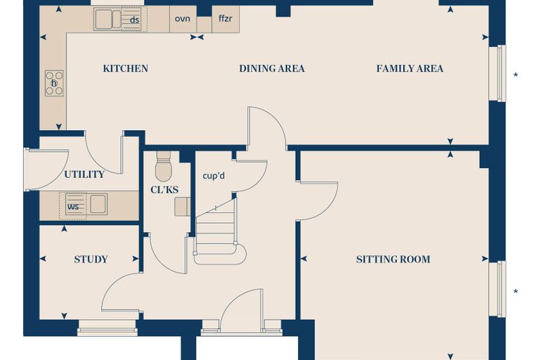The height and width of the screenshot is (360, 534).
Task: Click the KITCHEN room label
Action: coord(125,68)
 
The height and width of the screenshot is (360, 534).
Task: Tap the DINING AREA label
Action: coord(272,68)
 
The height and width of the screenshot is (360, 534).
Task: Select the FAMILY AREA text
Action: coord(410,68)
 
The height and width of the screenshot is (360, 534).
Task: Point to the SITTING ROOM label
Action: coord(393,259)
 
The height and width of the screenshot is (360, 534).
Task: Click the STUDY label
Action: coord(91,259)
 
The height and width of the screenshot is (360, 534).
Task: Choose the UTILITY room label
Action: coord(84,174)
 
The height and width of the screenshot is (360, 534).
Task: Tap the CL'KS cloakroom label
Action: coord(164,190)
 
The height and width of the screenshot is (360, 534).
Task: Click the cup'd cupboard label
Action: coord(214,176)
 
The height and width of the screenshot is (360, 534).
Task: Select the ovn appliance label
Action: coord(182,18)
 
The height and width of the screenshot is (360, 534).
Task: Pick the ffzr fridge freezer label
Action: coord(226,18)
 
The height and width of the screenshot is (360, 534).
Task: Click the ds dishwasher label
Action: coord(134,20)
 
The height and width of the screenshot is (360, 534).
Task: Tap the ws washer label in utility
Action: coord(73,207)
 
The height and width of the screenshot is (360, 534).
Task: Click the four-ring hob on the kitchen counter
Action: coord(54,83)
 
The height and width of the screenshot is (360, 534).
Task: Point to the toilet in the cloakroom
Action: coord(164,167)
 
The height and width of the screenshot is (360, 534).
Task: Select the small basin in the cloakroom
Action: coord(183,207)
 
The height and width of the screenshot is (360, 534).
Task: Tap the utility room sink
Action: coord(98,204)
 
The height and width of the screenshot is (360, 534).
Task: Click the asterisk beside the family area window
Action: coord(516,75)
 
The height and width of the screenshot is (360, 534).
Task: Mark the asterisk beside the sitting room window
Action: coord(516,292)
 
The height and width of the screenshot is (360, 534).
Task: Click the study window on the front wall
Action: coord(108,328)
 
